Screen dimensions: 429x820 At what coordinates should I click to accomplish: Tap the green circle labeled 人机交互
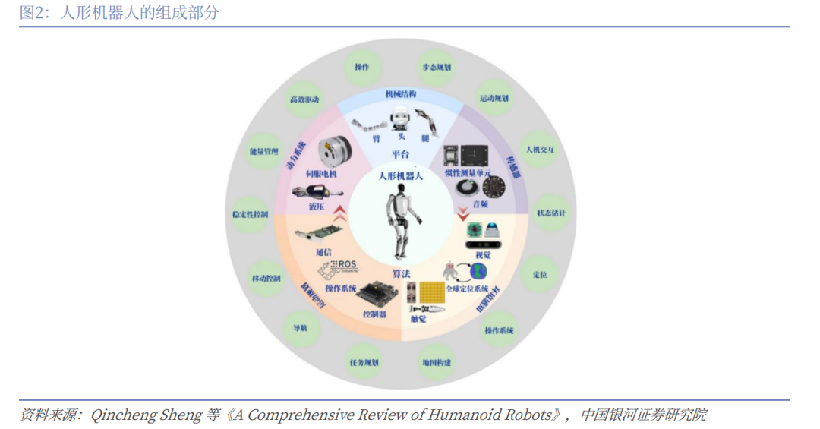(540, 150)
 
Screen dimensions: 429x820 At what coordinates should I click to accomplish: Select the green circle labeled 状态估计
(550, 213)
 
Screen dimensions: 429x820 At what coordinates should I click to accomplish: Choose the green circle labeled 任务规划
(363, 362)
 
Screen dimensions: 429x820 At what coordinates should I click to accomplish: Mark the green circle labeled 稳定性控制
(250, 215)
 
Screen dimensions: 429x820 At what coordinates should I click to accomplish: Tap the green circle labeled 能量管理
(260, 150)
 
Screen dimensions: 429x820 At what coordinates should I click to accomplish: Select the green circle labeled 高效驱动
(304, 100)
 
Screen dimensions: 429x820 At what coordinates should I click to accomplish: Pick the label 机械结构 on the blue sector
(400, 95)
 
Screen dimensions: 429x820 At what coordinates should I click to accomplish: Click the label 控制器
(374, 314)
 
